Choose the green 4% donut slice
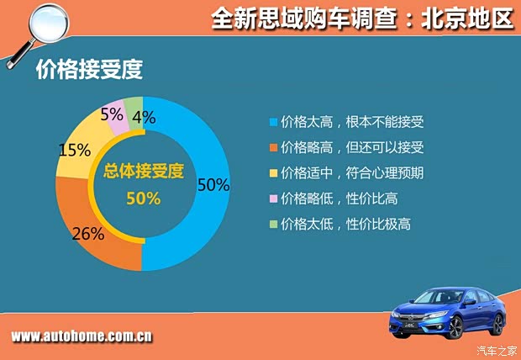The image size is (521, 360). coord(133,108)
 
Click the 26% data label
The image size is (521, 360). coord(87,234)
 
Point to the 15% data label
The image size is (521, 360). coord(73,150)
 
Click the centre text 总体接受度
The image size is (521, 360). coord(142,172)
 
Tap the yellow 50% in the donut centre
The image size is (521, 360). coord(142,199)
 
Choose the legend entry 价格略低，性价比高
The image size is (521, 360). coord(345,199)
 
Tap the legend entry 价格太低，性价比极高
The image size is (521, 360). coord(345,225)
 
